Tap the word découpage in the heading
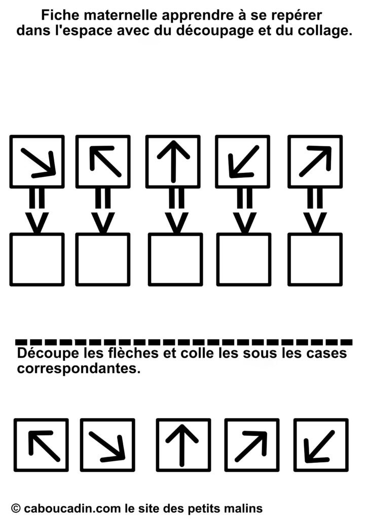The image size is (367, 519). tap(213, 30)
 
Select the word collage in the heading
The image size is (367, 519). tap(324, 31)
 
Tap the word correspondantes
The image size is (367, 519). tap(79, 368)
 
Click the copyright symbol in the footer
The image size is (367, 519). tap(16, 508)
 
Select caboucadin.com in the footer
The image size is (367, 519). tap(72, 508)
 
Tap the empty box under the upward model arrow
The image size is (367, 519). tap(175, 259)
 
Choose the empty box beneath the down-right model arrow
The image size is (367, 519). tap(37, 259)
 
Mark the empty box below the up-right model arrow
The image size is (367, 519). tap(315, 259)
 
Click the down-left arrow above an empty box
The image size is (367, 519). tap(243, 162)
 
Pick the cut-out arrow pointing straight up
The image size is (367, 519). tap(181, 446)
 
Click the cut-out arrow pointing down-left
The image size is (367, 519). tap(319, 446)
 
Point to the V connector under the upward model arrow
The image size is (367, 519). tap(176, 223)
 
